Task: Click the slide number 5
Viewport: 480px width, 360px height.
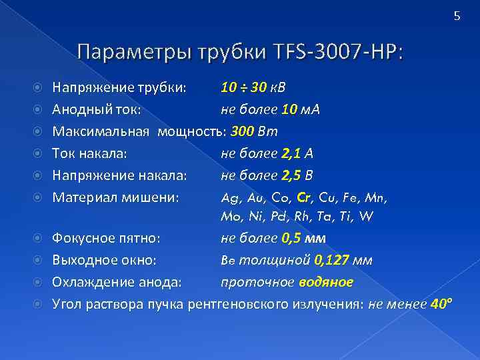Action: [x=457, y=17]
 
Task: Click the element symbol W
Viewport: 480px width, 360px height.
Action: [x=366, y=217]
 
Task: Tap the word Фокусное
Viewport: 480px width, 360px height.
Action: [x=84, y=237]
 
